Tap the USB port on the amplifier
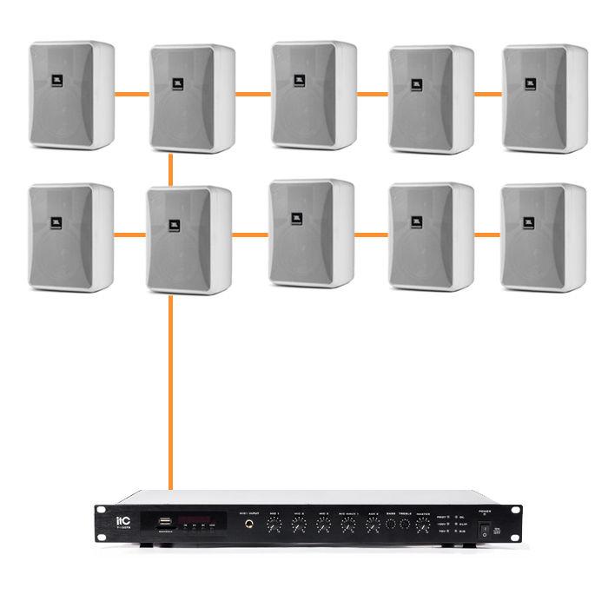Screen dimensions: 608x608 coord(163,523)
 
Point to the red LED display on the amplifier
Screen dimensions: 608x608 coord(196,518)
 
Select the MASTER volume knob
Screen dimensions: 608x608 coord(423,525)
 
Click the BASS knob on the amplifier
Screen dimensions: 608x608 coord(390,525)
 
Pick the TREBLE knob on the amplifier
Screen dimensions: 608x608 coord(405,525)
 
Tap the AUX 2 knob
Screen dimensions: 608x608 coord(373,525)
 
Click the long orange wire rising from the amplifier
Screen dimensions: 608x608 coord(171,391)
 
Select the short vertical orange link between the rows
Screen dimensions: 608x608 coord(172,169)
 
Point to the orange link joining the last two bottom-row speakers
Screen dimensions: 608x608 coord(487,234)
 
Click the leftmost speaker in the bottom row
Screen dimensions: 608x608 coord(71,235)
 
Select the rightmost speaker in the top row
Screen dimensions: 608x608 coord(545,98)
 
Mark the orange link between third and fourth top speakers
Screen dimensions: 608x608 coord(373,91)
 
